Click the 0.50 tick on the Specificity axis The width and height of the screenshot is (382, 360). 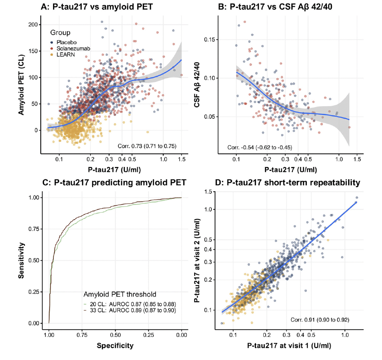tap(115, 335)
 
